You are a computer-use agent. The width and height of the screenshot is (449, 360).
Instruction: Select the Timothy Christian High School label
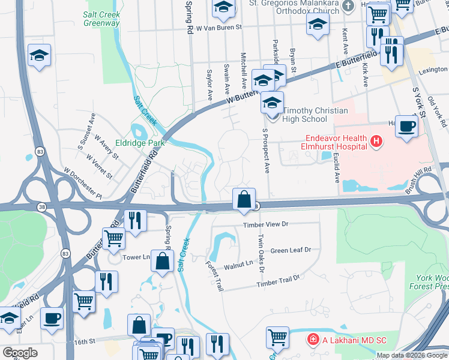(x=306, y=115)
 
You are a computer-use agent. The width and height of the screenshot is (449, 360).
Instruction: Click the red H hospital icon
(x=376, y=142)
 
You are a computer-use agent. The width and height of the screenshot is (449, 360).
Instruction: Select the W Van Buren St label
(x=214, y=28)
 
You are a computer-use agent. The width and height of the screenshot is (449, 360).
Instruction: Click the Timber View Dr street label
(x=265, y=224)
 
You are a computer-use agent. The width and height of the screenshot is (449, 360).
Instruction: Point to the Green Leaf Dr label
(x=291, y=250)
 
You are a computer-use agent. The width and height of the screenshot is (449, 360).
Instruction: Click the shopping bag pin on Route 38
(x=244, y=199)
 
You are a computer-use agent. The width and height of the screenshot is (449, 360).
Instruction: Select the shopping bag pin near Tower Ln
(x=162, y=262)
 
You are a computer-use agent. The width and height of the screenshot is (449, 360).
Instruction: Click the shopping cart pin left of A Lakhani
(x=277, y=337)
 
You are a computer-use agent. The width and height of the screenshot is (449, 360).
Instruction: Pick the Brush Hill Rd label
(x=421, y=179)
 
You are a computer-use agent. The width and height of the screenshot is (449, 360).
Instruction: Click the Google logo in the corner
(x=20, y=353)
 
